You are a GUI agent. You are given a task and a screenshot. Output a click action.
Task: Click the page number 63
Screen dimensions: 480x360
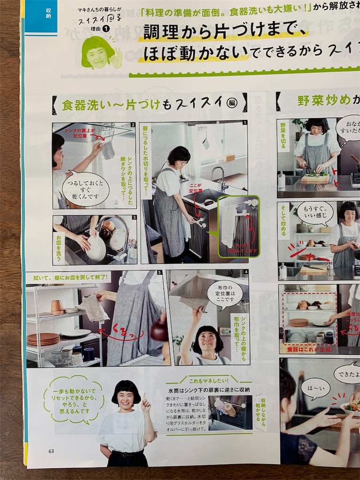51,451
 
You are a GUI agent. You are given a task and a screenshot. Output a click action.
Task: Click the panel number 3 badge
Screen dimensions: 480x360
134,217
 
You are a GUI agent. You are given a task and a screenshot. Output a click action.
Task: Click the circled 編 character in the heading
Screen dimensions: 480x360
232,103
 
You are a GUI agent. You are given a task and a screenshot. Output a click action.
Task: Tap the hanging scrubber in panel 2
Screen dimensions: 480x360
108,149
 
